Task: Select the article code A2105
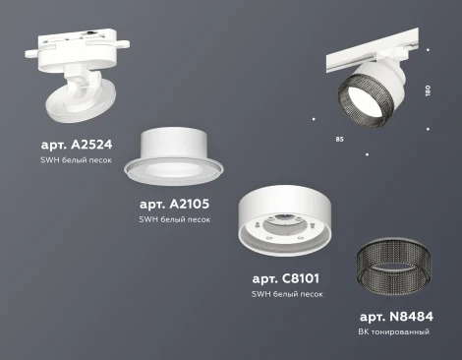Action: click(174, 204)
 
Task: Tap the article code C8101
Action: click(285, 278)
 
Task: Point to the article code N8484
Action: click(396, 317)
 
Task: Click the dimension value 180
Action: click(427, 90)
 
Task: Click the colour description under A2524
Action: click(77, 158)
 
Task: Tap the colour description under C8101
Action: click(286, 294)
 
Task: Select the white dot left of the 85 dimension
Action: click(314, 120)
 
